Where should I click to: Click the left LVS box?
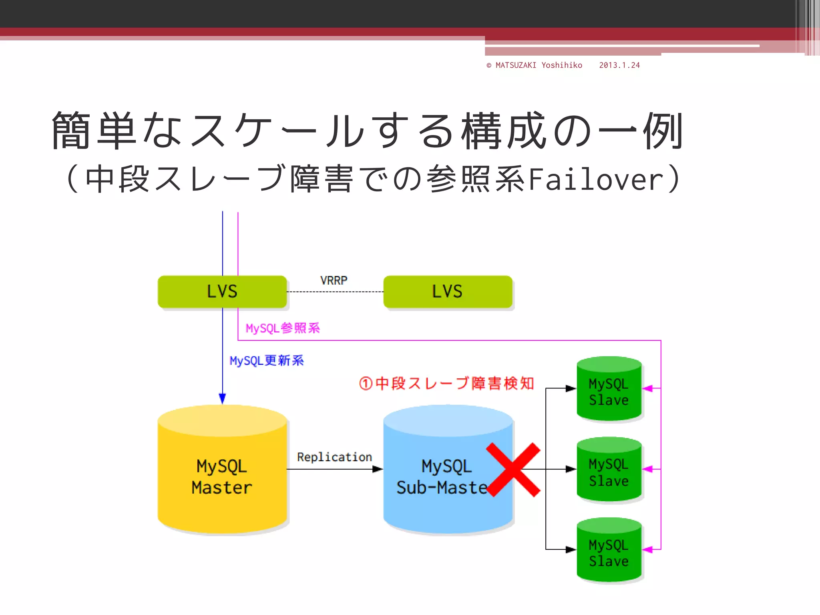(x=222, y=291)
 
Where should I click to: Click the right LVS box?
(x=447, y=291)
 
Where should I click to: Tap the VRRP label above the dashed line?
(x=334, y=280)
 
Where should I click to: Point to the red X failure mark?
(x=513, y=470)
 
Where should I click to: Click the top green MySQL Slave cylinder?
(x=609, y=390)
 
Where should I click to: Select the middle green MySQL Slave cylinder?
(x=609, y=470)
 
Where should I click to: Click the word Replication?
(x=334, y=457)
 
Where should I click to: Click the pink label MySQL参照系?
(x=282, y=328)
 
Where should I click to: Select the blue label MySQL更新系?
(x=266, y=361)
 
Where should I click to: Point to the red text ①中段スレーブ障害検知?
(x=446, y=383)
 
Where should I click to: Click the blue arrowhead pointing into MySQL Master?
(x=222, y=398)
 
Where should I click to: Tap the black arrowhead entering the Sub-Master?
(x=378, y=469)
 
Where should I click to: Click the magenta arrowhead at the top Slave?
(x=647, y=388)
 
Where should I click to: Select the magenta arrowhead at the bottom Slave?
(x=647, y=550)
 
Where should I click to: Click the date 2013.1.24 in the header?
(x=619, y=65)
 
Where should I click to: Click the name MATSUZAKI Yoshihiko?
(x=539, y=65)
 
